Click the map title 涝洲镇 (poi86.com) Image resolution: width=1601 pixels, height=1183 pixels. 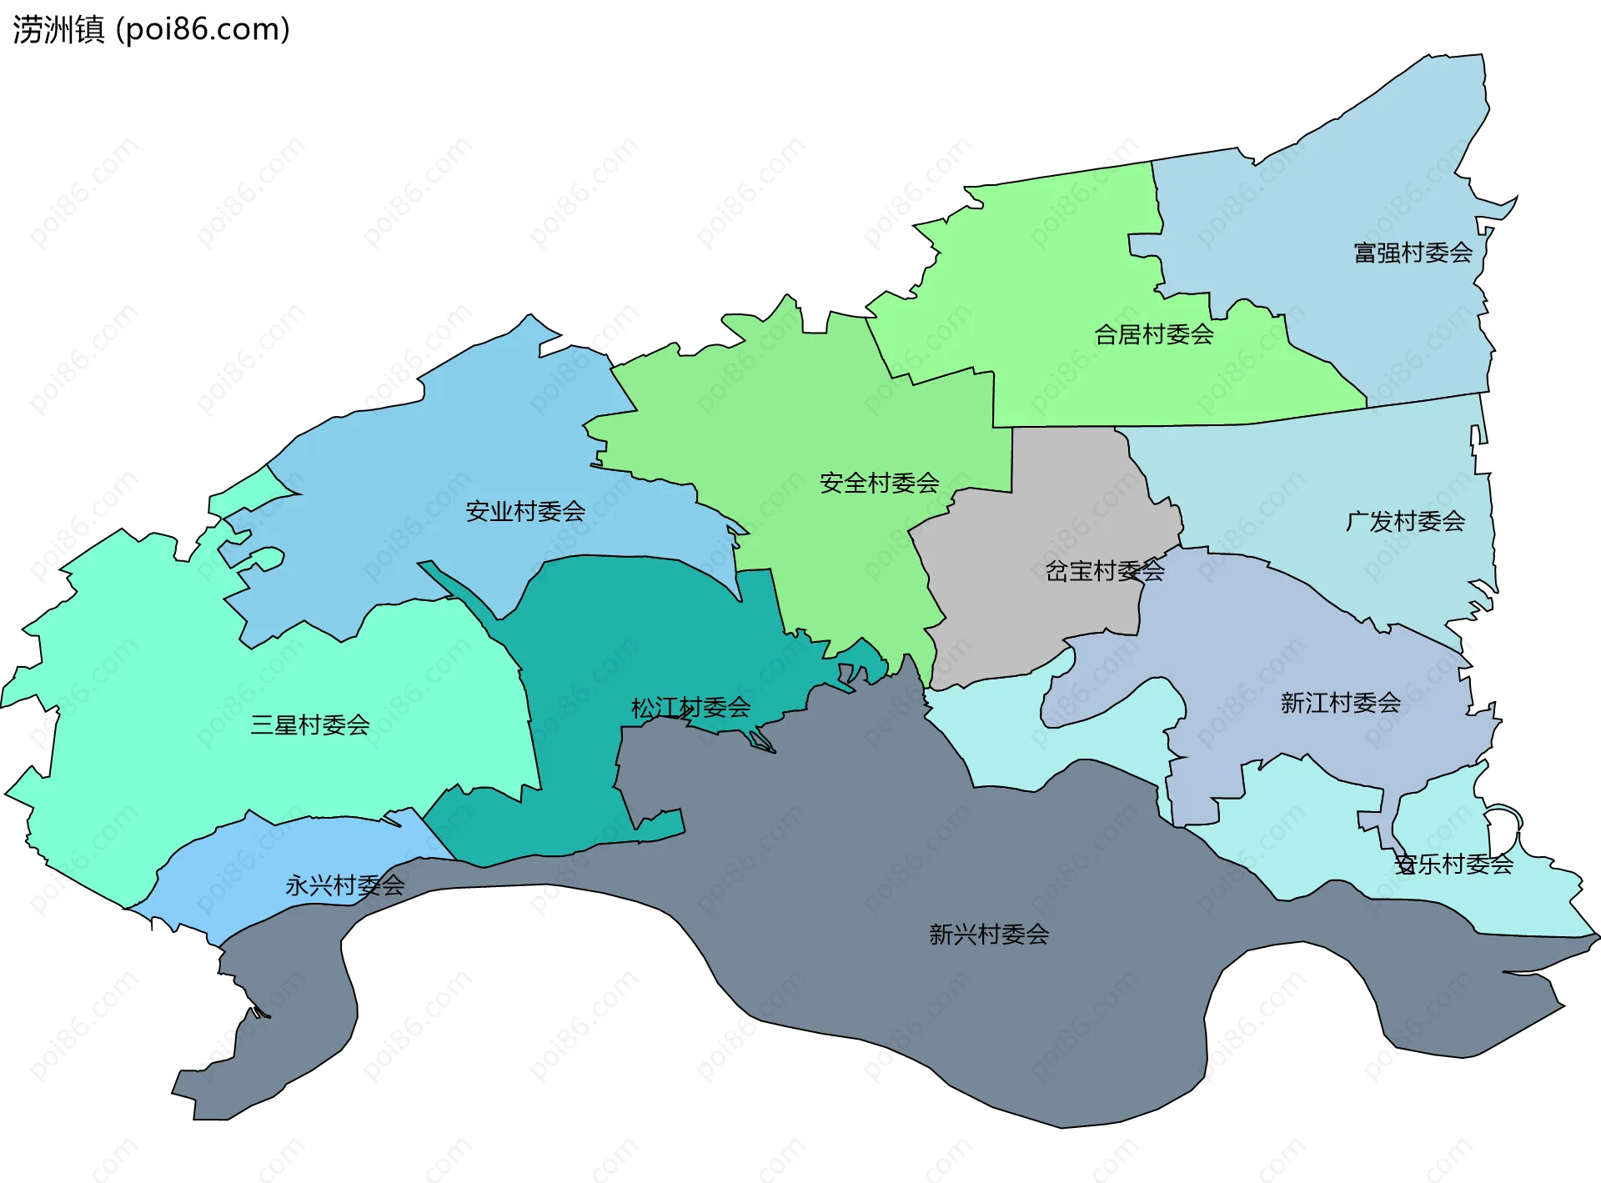(x=151, y=30)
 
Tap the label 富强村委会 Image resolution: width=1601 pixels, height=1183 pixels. (x=1413, y=253)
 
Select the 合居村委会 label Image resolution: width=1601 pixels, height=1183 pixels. (x=1153, y=335)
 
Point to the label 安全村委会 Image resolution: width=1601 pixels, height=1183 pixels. (x=879, y=484)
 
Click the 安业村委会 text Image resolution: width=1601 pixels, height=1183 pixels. (x=525, y=512)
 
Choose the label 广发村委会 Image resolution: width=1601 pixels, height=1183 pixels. (x=1405, y=522)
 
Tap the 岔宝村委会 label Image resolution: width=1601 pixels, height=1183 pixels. (x=1105, y=572)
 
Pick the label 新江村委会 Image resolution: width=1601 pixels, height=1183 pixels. (x=1340, y=704)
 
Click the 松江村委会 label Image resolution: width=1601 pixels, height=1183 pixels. (x=690, y=709)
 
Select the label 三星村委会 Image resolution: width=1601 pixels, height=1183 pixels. (x=310, y=725)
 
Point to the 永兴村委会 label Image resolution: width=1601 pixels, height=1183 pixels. (x=344, y=885)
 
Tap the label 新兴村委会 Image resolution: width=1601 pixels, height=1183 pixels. (x=989, y=935)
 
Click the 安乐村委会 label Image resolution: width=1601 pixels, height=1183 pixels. (x=1453, y=865)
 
